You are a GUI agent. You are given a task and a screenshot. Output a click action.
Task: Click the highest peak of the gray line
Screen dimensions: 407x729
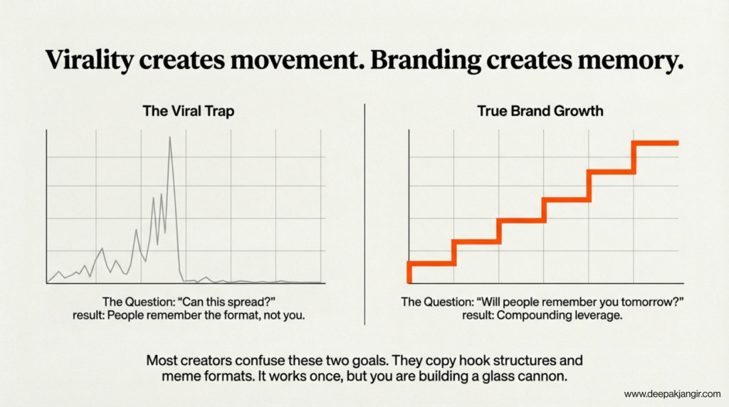169,137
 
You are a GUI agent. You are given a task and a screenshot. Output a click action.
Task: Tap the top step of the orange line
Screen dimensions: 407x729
655,143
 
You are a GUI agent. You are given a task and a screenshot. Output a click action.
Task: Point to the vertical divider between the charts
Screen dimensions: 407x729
364,213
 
